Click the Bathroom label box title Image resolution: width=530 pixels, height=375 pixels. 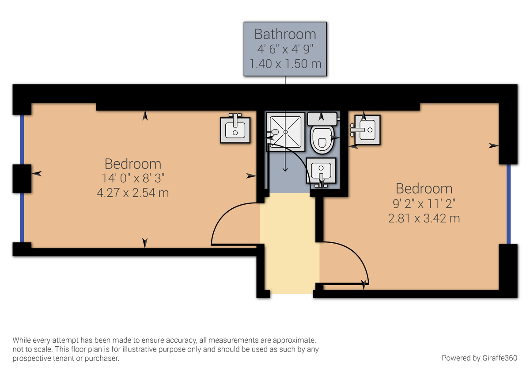[285, 34]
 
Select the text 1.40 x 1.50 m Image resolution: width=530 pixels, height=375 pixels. [285, 64]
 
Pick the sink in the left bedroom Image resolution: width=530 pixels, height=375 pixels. [235, 130]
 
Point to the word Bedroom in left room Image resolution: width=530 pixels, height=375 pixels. [132, 164]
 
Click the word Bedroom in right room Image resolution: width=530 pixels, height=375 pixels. [424, 189]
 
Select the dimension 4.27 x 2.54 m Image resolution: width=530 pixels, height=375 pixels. [132, 193]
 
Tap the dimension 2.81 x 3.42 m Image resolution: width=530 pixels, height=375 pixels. [424, 218]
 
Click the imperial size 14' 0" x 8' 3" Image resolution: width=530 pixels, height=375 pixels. [132, 179]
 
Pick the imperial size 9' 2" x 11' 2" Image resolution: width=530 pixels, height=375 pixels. [424, 203]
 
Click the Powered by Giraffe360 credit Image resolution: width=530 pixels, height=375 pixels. [479, 358]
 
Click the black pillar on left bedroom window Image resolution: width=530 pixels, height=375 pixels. [22, 178]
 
